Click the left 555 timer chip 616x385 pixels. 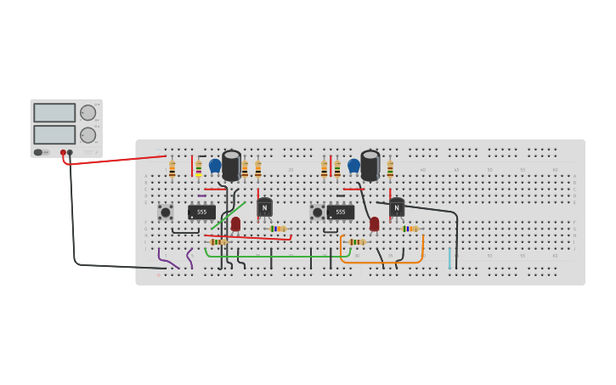point(201,212)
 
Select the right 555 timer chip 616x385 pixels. point(340,212)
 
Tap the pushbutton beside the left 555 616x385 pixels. point(165,212)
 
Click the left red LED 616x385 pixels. point(235,224)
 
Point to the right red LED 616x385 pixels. point(374,224)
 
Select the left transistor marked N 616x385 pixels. point(264,207)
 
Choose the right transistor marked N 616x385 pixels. point(396,207)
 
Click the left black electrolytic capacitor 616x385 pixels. point(231,165)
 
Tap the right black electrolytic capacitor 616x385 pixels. point(370,165)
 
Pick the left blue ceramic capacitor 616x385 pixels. point(215,166)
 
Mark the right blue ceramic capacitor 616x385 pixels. point(353,166)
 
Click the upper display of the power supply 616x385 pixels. point(54,112)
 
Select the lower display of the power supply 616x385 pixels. point(54,134)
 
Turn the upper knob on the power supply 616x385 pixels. point(88,112)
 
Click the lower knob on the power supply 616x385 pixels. point(88,134)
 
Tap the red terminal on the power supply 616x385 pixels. point(63,153)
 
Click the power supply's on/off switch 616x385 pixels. point(38,153)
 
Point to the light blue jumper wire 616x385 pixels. point(449,258)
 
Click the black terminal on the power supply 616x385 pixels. point(70,153)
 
